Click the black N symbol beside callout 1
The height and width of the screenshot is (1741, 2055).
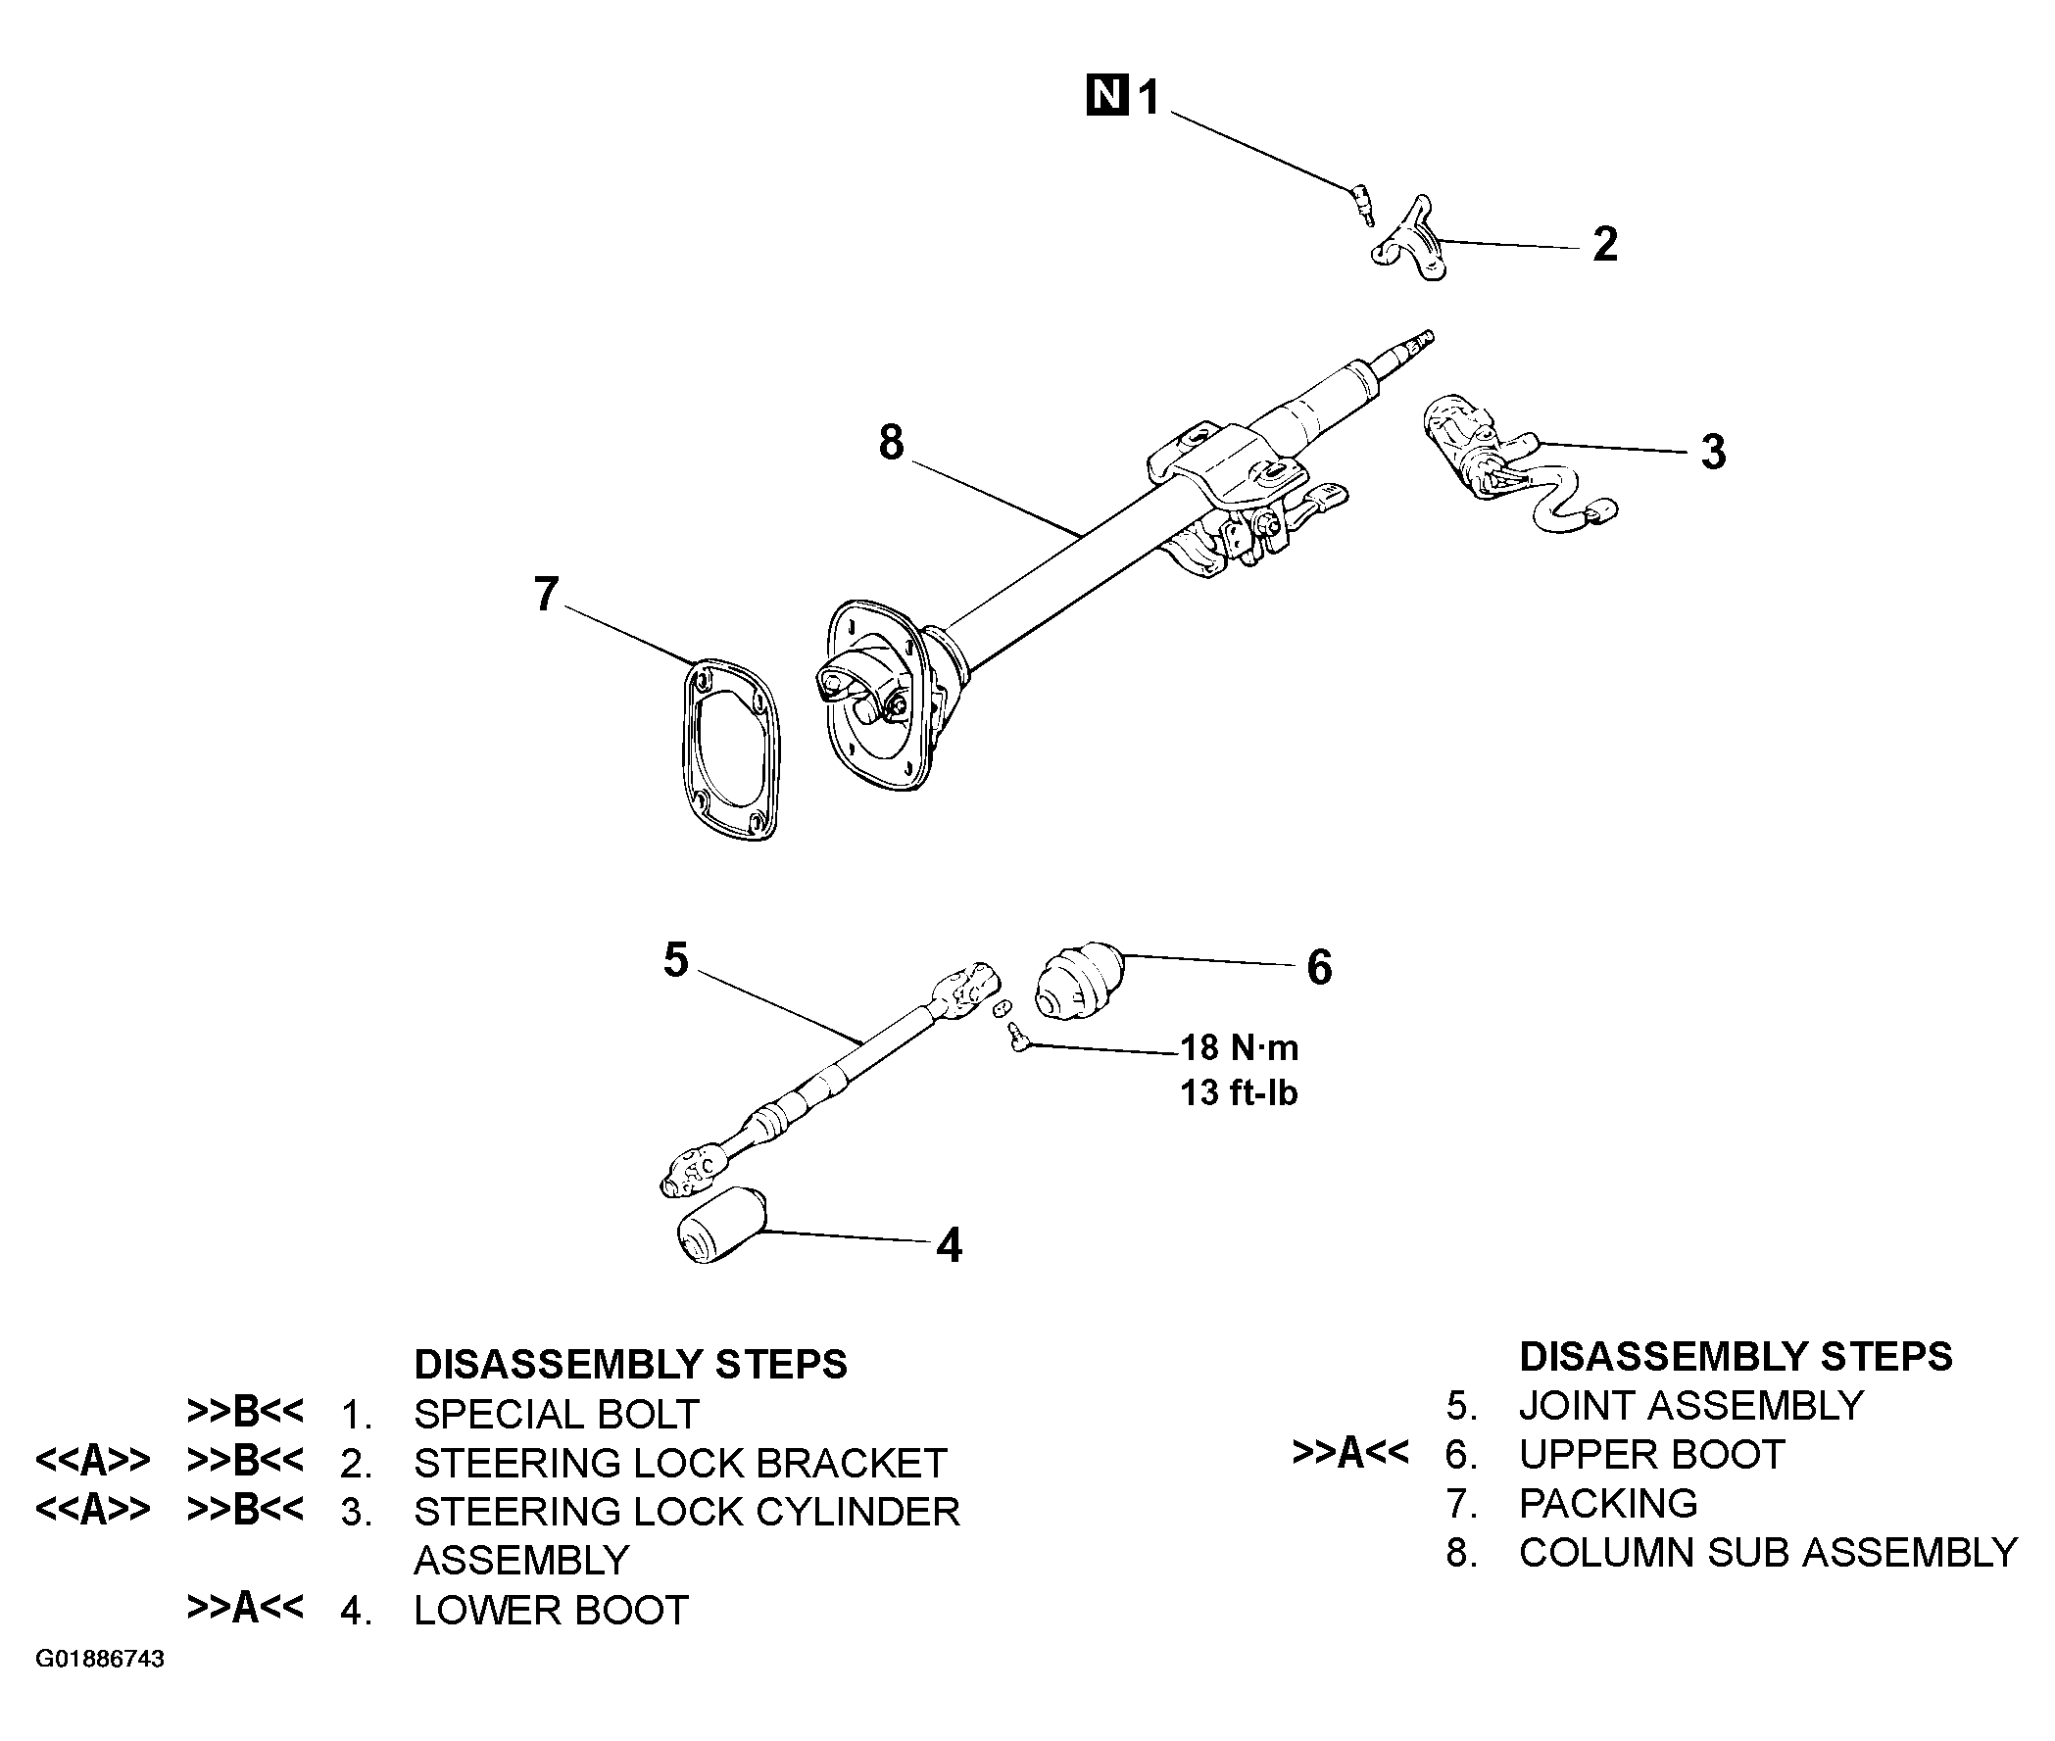[x=1107, y=95]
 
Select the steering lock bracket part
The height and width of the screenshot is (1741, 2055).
[x=1408, y=240]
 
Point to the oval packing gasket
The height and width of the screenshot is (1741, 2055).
[x=731, y=749]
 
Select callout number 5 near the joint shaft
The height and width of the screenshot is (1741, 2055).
[x=675, y=959]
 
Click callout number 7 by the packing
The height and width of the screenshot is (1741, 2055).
[x=546, y=594]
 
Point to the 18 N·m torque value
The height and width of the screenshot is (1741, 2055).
[x=1240, y=1047]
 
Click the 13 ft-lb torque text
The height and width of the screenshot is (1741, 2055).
[x=1239, y=1092]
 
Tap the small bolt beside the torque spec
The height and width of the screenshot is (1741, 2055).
[x=1016, y=1038]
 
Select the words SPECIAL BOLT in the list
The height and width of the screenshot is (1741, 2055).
[x=557, y=1415]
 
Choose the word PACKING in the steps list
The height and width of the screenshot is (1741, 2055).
[x=1608, y=1504]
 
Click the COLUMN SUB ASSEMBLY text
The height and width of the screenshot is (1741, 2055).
[x=1768, y=1554]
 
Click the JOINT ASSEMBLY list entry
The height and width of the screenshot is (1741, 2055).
[x=1690, y=1405]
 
